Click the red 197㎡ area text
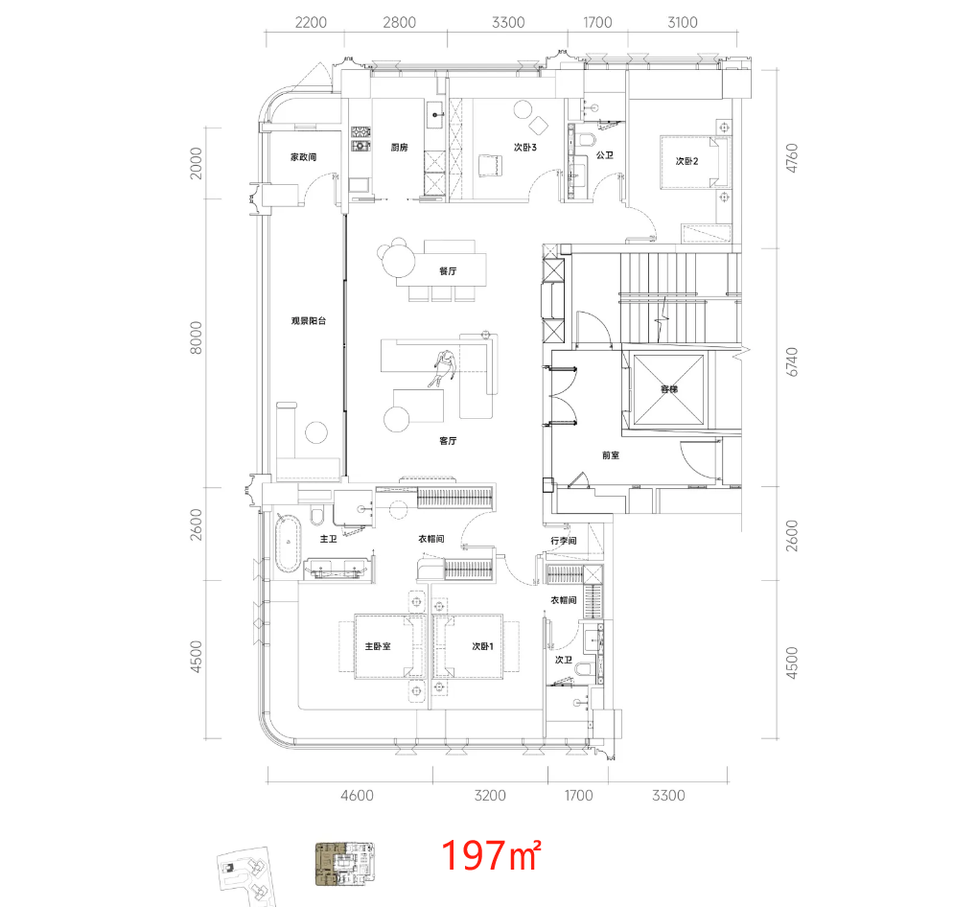[491, 854]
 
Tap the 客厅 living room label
[448, 441]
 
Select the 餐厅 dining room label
[448, 271]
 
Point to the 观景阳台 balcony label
[309, 321]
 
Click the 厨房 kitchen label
[400, 148]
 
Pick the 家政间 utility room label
[303, 157]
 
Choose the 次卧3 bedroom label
[525, 148]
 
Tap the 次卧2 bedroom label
[687, 161]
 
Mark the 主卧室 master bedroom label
[378, 646]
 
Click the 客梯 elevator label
[668, 389]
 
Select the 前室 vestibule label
[611, 455]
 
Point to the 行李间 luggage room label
[563, 541]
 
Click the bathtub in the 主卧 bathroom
[288, 544]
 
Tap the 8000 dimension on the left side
[197, 337]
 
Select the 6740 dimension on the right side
[791, 361]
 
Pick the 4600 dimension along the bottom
[357, 796]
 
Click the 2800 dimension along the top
[400, 22]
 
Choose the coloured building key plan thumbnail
[344, 864]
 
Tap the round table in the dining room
[399, 260]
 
